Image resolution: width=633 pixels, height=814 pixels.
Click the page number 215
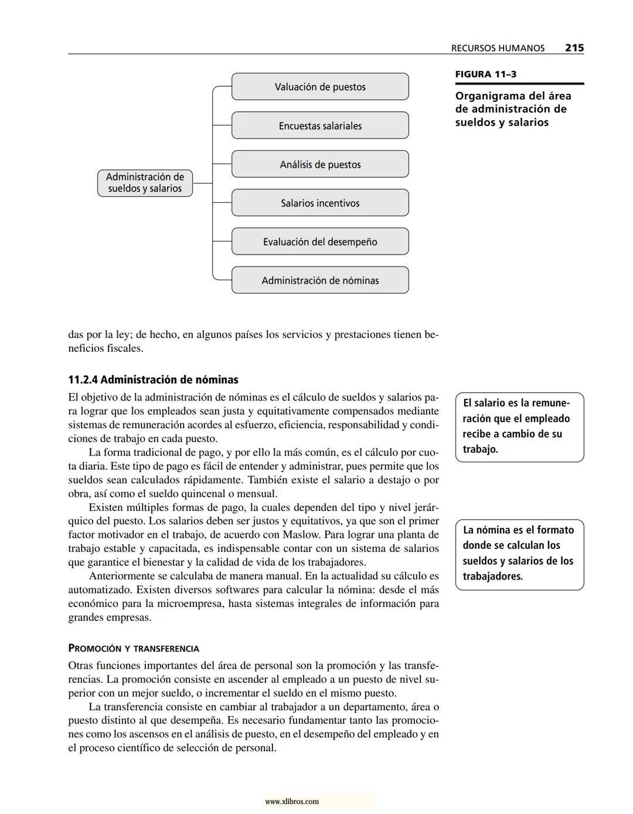574,48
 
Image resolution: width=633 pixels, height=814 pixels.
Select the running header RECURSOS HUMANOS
498,48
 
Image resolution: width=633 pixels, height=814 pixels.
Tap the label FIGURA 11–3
485,74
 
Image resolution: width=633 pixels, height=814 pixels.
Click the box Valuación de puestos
320,87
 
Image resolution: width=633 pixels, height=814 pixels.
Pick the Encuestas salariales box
320,126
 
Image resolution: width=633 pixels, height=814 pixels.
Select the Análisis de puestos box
320,164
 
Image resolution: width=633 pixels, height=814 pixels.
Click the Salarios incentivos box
320,203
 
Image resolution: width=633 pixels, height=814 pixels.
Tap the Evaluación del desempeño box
320,242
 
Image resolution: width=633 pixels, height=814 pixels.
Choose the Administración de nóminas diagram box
320,280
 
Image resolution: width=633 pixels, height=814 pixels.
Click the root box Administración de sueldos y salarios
145,183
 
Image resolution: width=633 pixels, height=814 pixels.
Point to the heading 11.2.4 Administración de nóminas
153,379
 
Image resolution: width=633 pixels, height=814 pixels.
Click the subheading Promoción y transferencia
134,649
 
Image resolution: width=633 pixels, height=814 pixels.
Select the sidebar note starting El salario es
519,427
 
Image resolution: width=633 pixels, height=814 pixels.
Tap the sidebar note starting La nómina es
519,554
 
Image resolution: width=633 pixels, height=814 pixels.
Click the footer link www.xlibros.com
292,801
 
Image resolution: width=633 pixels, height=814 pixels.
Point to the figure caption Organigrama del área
513,109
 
